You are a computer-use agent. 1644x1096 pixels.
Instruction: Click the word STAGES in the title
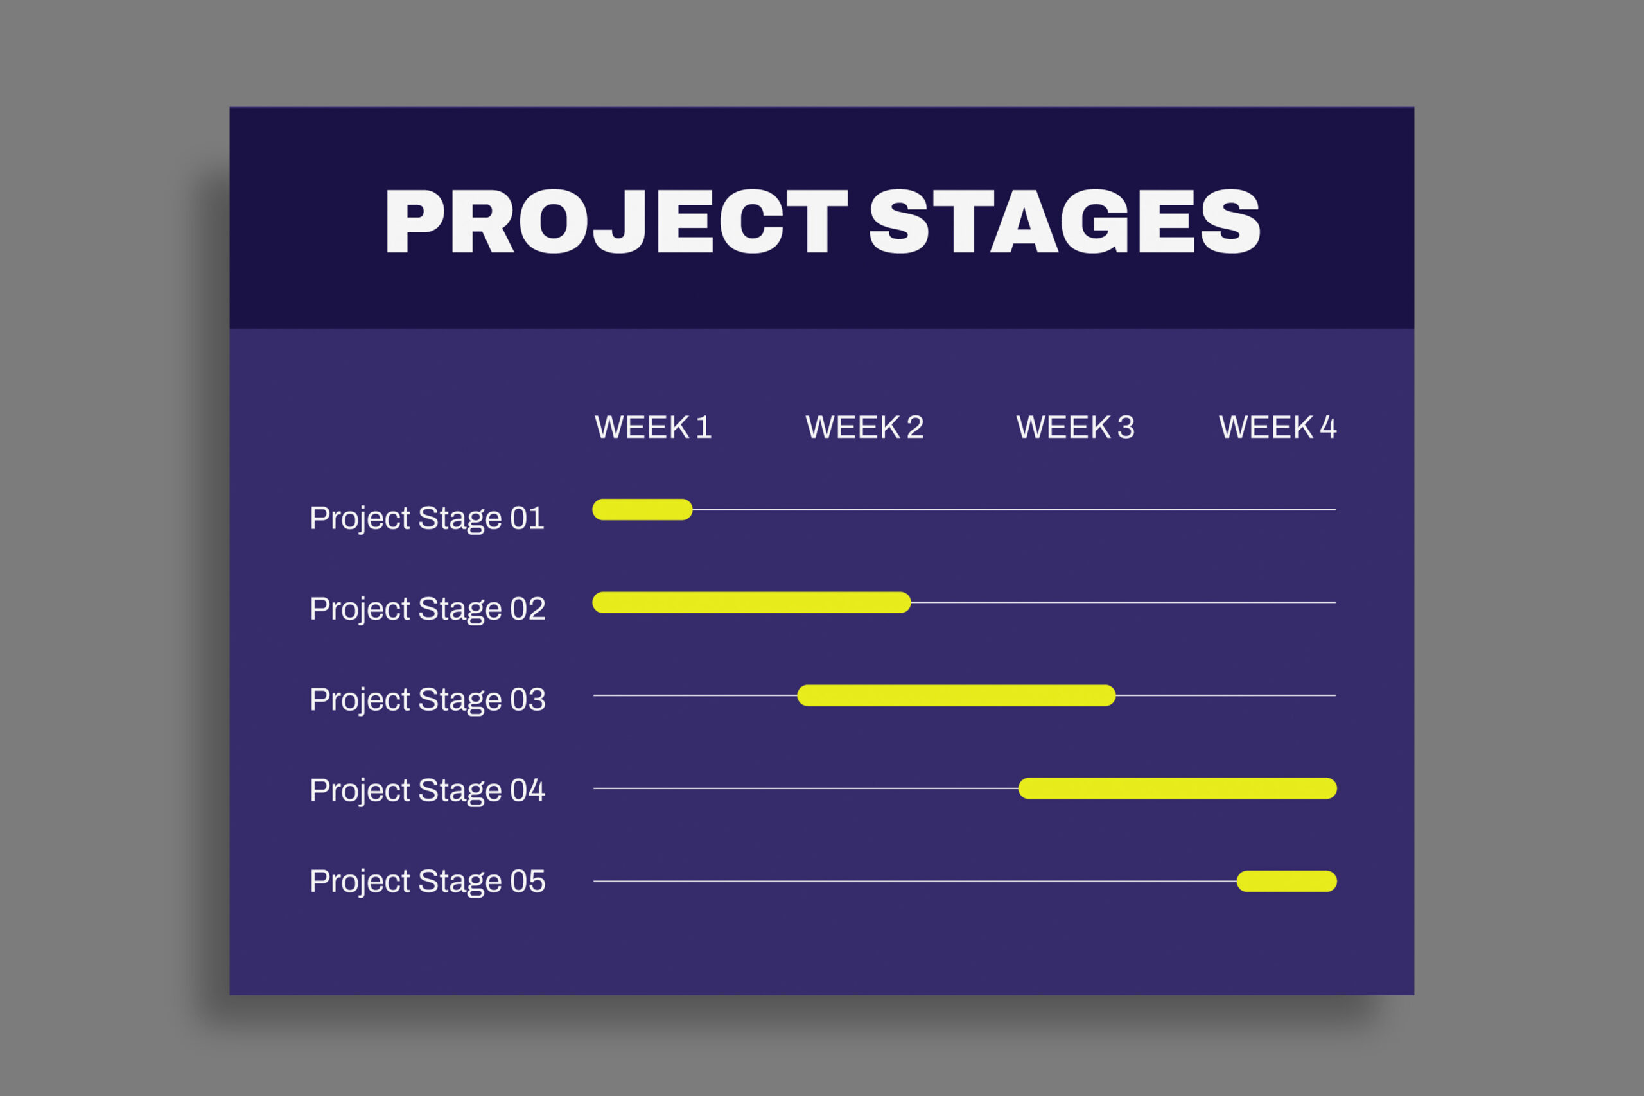tap(1065, 222)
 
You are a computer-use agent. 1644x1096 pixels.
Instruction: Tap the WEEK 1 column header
tap(653, 427)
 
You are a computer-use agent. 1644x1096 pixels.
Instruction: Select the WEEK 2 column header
tap(864, 427)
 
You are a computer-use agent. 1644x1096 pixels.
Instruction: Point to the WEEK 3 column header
tap(1075, 427)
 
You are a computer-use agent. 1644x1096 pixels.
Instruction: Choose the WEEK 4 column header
tap(1277, 427)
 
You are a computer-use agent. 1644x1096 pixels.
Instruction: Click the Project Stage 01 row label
tap(426, 519)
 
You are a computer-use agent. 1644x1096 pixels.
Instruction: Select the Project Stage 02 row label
tap(427, 609)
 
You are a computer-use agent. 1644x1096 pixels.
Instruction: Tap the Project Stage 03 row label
tap(427, 700)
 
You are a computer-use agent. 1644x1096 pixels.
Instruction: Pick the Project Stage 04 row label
tap(427, 791)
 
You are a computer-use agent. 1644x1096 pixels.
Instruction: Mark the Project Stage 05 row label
tap(427, 882)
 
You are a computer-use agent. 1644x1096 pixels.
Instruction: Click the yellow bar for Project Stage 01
tap(642, 510)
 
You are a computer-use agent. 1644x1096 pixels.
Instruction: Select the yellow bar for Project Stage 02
tap(751, 602)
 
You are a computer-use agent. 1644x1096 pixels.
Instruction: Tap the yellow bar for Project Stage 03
tap(956, 695)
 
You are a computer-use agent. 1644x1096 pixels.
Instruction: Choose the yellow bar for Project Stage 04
tap(1177, 788)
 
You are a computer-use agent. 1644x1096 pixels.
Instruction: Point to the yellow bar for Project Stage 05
tap(1286, 882)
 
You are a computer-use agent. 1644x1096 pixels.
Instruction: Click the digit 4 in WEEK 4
tap(1328, 427)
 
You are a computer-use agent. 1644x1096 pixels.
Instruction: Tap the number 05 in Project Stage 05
tap(527, 882)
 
